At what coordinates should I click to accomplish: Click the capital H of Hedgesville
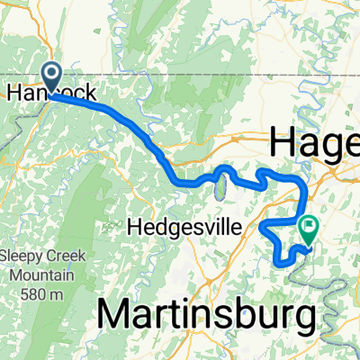click(x=137, y=228)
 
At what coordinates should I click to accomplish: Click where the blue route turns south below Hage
click(x=304, y=184)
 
